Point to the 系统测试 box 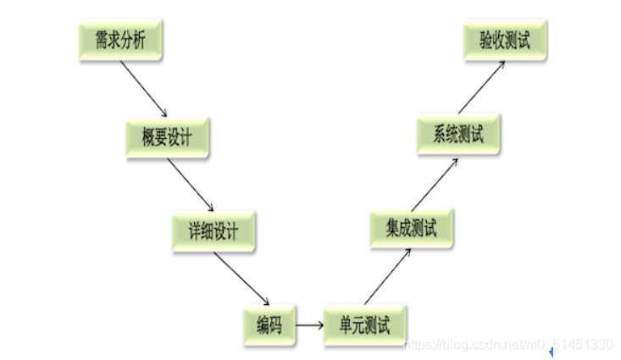[458, 136]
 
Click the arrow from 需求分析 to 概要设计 [142, 87]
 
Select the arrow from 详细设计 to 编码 [240, 278]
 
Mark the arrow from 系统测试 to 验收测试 [480, 88]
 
